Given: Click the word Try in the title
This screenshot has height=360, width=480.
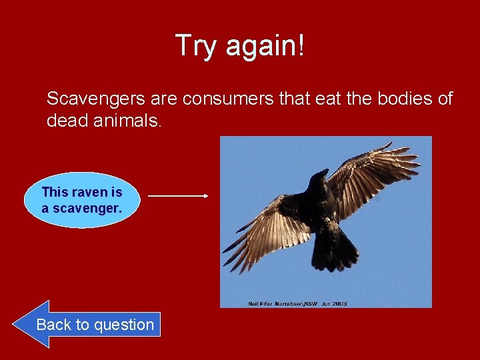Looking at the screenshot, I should (196, 46).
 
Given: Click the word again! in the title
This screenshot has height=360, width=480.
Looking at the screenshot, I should (265, 46).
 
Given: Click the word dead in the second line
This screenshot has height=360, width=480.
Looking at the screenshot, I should (66, 121).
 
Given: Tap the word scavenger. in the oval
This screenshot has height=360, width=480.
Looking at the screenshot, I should (88, 208).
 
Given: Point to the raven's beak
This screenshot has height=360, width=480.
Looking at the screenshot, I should (323, 173).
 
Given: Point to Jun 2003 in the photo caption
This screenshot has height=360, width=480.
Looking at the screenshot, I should (334, 304).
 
